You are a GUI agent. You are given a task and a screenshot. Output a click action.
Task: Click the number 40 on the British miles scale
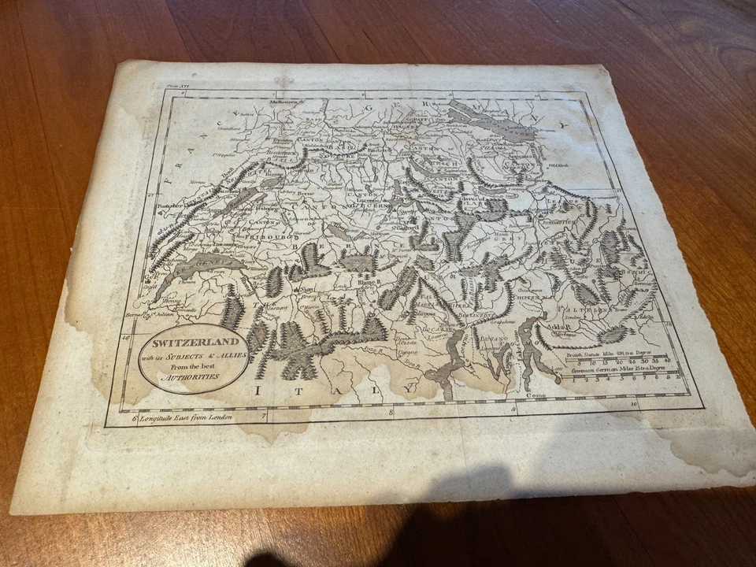pyautogui.click(x=666, y=362)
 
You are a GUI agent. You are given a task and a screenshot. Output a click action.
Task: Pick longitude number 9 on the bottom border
pyautogui.click(x=513, y=408)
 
